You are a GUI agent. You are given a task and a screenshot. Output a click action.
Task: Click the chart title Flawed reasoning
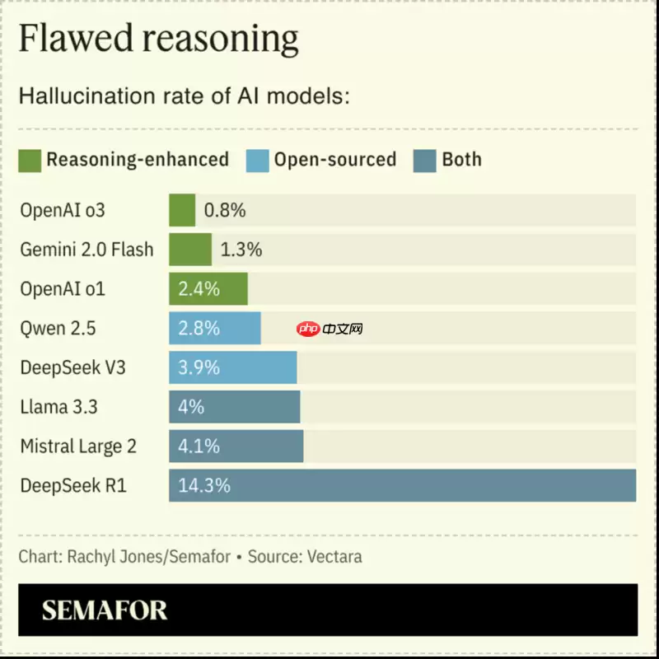tap(158, 40)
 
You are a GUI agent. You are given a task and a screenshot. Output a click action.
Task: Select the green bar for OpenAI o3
tap(182, 210)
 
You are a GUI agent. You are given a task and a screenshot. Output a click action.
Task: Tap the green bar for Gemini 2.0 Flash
tap(190, 250)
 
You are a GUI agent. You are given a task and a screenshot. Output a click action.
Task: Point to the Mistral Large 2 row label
tap(78, 446)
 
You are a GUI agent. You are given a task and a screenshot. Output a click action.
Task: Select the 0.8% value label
tap(225, 210)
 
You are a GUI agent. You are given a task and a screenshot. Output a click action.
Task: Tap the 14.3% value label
tap(203, 485)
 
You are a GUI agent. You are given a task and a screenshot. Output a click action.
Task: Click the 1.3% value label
tap(241, 250)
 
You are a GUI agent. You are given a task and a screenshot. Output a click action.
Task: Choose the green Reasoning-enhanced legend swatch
tap(30, 160)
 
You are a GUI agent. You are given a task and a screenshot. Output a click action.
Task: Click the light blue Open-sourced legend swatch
tap(257, 160)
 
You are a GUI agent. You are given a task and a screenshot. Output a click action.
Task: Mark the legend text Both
tap(461, 159)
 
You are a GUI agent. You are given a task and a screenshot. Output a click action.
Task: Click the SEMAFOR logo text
tap(105, 610)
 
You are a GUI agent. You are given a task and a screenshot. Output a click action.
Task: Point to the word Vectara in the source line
tap(334, 557)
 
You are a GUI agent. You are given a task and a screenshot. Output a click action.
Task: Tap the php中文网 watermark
tap(330, 329)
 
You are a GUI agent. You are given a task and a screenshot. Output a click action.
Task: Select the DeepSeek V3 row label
tap(72, 367)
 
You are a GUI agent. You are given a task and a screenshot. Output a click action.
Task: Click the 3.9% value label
tap(199, 367)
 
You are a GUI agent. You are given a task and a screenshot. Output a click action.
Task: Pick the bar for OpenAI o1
tap(208, 289)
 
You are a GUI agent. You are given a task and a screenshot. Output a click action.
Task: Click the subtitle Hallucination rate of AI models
tap(185, 96)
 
